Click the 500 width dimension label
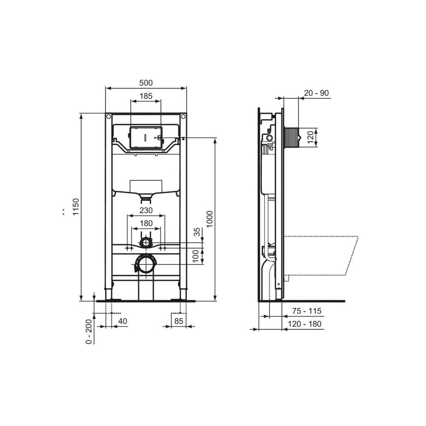click(146, 83)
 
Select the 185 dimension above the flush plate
click(146, 96)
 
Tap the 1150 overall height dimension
click(76, 207)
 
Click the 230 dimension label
click(146, 210)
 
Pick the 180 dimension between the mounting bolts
click(146, 223)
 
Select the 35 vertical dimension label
click(197, 232)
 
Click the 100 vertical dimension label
click(196, 256)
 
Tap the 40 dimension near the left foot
click(122, 321)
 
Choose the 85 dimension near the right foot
click(179, 321)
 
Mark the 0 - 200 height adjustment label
click(89, 332)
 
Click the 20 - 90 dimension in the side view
click(316, 93)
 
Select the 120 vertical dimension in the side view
click(310, 138)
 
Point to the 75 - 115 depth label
click(307, 311)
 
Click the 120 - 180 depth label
click(305, 324)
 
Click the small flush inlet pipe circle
click(146, 243)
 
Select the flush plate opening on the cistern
click(146, 138)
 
